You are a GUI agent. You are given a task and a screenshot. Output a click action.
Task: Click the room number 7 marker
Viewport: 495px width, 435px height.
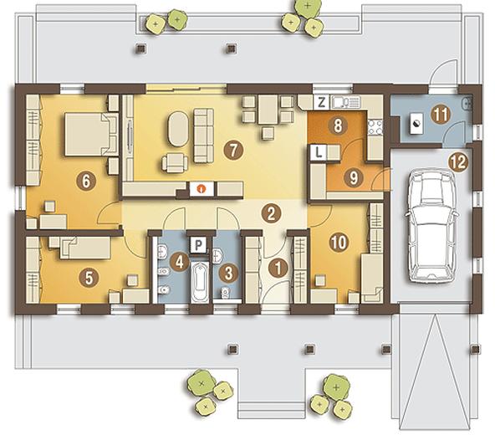[233, 151]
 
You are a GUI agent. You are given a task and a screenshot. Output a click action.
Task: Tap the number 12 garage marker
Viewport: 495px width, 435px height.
[459, 162]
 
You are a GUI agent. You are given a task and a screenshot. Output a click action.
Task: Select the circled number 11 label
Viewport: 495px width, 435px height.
[441, 115]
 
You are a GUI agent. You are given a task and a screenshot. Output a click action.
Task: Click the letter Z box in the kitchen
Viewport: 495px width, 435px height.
[321, 102]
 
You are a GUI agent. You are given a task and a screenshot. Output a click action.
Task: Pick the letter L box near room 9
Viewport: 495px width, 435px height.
[319, 153]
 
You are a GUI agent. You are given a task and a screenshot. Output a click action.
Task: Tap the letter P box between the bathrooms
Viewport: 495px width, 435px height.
[198, 245]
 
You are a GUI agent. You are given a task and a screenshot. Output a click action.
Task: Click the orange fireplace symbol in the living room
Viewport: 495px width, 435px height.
[201, 189]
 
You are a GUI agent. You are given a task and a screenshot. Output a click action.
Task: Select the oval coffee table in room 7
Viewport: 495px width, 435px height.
[179, 128]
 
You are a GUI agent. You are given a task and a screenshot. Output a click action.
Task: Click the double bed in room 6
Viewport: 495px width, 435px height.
[91, 134]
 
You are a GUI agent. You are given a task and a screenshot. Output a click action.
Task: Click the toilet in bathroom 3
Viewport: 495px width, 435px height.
[225, 293]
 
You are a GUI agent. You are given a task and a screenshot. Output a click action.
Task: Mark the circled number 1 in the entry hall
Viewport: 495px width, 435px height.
[278, 269]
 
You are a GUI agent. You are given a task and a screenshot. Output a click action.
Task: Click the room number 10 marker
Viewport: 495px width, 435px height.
[339, 243]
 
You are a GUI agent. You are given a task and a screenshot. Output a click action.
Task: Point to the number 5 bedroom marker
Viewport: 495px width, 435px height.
[89, 278]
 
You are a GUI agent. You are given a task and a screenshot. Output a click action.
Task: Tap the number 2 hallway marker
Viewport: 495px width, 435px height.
[271, 213]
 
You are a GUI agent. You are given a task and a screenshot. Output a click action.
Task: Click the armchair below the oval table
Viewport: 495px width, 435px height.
[175, 162]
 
